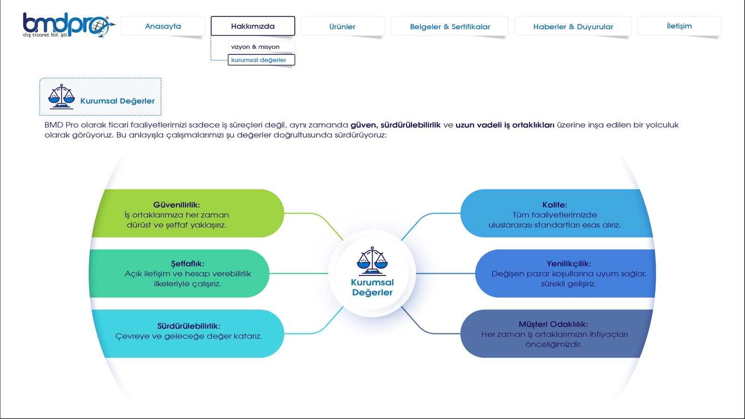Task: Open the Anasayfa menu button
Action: pyautogui.click(x=163, y=26)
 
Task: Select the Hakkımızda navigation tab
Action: pyautogui.click(x=253, y=26)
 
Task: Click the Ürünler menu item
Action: pyautogui.click(x=343, y=26)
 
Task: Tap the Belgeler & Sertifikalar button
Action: pyautogui.click(x=450, y=26)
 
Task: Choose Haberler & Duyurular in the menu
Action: pyautogui.click(x=573, y=26)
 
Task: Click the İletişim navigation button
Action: pyautogui.click(x=679, y=26)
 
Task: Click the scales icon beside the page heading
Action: pyautogui.click(x=61, y=96)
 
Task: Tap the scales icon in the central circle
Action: pyautogui.click(x=372, y=261)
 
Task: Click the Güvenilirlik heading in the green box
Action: pyautogui.click(x=176, y=204)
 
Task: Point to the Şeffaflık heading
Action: pyautogui.click(x=188, y=264)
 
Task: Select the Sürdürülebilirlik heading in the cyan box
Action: pyautogui.click(x=189, y=326)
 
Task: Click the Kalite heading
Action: pyautogui.click(x=555, y=204)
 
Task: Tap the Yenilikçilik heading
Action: pyautogui.click(x=569, y=264)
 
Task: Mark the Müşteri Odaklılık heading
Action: pyautogui.click(x=553, y=324)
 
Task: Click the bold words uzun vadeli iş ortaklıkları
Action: pyautogui.click(x=505, y=125)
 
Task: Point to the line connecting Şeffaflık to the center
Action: pyautogui.click(x=298, y=273)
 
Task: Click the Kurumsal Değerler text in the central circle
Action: pyautogui.click(x=372, y=287)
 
